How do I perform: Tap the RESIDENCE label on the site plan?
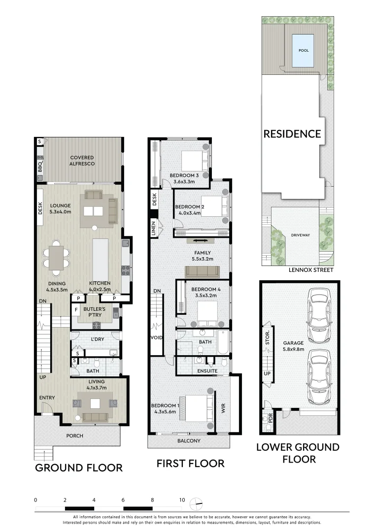click(292, 133)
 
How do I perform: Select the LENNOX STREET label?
click(311, 270)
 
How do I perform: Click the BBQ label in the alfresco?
click(40, 167)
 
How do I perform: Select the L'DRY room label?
click(96, 340)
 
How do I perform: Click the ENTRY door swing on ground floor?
click(47, 409)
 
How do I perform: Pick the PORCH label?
click(75, 435)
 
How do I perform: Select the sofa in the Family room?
click(202, 271)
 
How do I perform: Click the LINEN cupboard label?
click(154, 229)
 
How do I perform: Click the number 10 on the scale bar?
click(182, 499)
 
